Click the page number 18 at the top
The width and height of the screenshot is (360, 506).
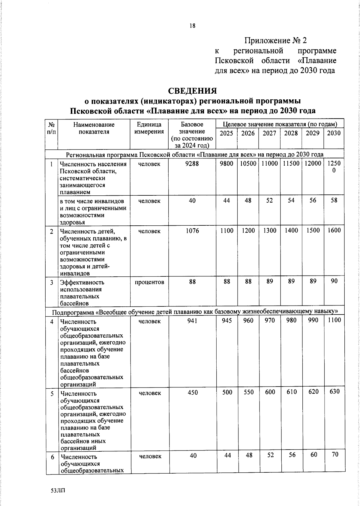192,26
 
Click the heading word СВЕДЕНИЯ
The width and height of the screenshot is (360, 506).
192,91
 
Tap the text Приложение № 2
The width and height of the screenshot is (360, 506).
276,41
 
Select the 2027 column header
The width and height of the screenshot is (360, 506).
269,133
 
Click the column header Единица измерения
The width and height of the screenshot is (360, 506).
149,128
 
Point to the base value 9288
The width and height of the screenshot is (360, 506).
192,164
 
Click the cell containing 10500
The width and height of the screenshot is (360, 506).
248,164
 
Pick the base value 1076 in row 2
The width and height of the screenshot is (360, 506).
192,231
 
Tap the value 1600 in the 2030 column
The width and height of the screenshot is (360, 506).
334,230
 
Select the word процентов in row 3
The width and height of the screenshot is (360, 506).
149,282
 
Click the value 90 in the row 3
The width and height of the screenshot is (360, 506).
334,281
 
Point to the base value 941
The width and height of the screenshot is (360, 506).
192,321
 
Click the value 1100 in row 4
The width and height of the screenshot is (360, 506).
334,320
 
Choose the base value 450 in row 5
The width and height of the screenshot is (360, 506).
193,393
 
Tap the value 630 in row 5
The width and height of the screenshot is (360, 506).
334,392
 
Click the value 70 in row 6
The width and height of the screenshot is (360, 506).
335,454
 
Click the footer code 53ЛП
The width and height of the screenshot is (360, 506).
58,491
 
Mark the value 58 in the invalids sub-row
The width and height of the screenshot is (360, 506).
334,200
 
